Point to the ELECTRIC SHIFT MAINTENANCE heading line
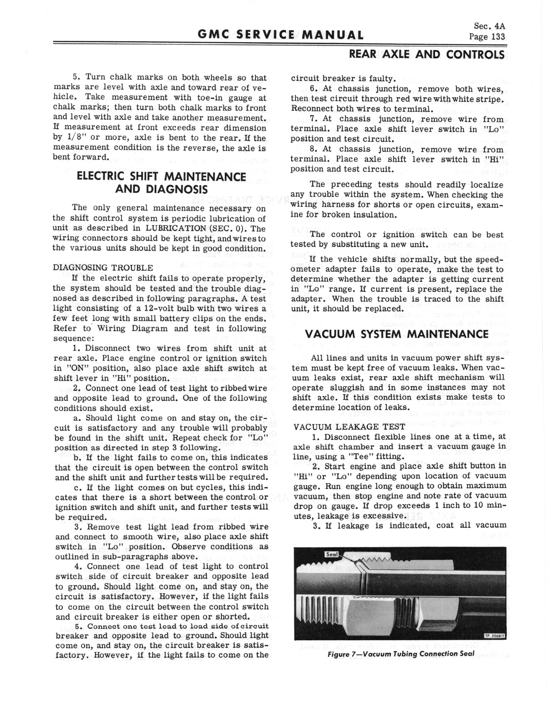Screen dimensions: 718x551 (161, 177)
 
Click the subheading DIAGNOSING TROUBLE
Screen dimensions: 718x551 (103, 267)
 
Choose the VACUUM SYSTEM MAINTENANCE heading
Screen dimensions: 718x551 (397, 334)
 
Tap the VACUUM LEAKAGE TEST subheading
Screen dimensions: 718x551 (349, 427)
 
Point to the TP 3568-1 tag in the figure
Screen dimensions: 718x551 (494, 636)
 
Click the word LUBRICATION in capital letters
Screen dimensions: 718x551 (176, 228)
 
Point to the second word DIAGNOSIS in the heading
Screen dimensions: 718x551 (177, 189)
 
